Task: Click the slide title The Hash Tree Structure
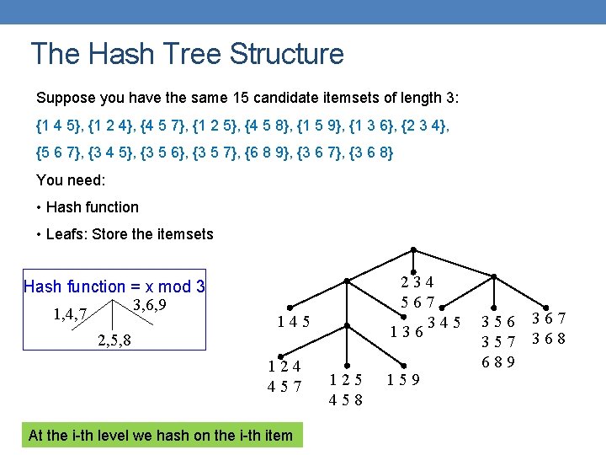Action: click(x=187, y=54)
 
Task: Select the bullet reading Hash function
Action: click(x=92, y=207)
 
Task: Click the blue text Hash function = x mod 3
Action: click(x=114, y=286)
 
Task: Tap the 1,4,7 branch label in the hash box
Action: click(x=71, y=315)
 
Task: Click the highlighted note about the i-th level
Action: click(x=160, y=436)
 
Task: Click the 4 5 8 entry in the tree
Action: click(x=346, y=399)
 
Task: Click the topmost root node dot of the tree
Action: click(x=413, y=249)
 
